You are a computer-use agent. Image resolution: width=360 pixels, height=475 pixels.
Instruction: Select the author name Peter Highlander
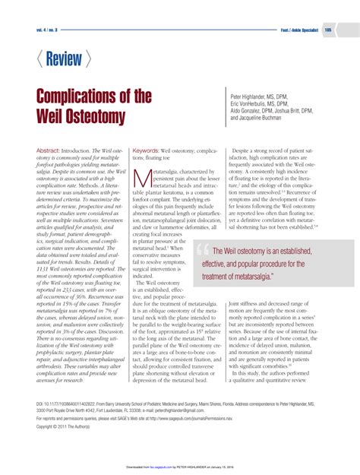[x=250, y=98]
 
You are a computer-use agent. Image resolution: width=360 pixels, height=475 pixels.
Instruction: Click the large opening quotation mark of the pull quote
[x=203, y=252]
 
